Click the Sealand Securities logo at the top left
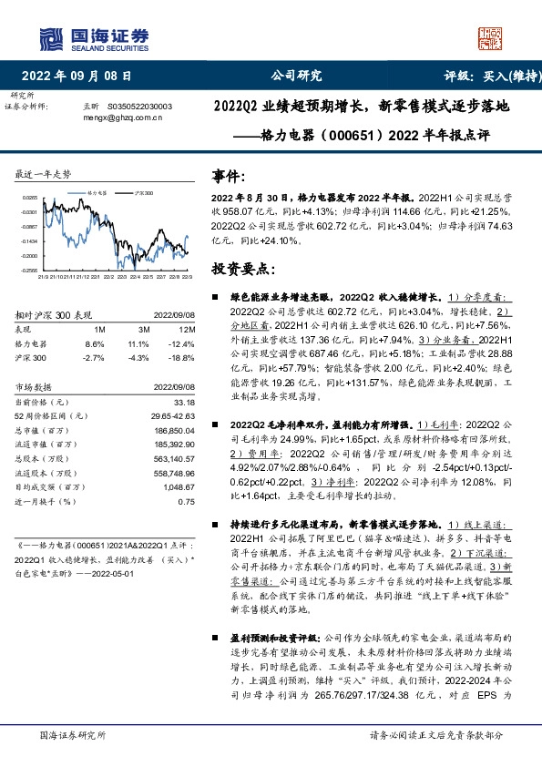(92, 37)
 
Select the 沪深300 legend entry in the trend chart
(142, 192)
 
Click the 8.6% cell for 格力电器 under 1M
(94, 344)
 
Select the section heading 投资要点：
(245, 271)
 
